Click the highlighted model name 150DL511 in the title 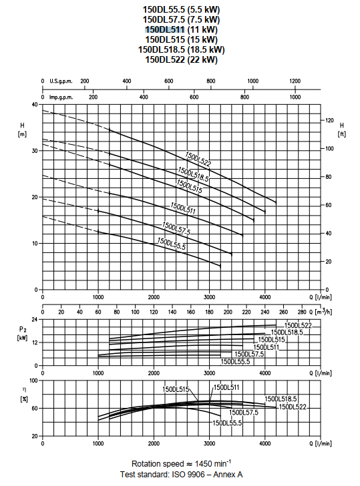[x=165, y=29]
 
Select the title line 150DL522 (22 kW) [x=182, y=59]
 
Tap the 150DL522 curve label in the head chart [x=198, y=160]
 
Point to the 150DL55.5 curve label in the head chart [x=172, y=243]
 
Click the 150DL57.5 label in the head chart [x=176, y=228]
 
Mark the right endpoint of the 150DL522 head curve [x=276, y=202]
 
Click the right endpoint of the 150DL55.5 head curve [x=220, y=266]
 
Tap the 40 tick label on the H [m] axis [x=35, y=104]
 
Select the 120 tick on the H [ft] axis [x=330, y=120]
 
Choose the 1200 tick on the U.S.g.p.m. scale [x=295, y=81]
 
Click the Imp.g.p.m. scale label [x=61, y=97]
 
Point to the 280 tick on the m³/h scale [x=302, y=312]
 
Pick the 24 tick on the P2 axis [x=35, y=319]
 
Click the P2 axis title [x=22, y=333]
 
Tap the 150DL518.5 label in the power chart [x=287, y=332]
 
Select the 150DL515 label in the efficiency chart [x=176, y=389]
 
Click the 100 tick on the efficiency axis [x=33, y=381]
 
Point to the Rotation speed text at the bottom [x=158, y=464]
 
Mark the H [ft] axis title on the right [x=341, y=130]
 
